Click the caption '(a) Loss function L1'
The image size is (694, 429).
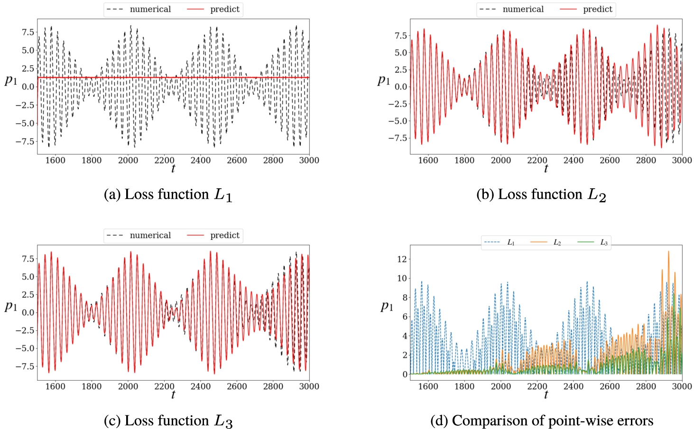(x=168, y=195)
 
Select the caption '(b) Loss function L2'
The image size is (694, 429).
(x=541, y=195)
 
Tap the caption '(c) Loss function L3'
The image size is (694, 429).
(x=168, y=421)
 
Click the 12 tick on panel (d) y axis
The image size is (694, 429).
(x=402, y=259)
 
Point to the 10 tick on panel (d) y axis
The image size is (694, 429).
(x=402, y=278)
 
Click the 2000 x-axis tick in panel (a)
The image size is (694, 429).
(x=128, y=160)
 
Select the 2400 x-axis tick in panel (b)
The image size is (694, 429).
(x=574, y=160)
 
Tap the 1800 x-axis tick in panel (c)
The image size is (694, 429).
(x=92, y=386)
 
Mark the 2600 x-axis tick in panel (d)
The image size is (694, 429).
(x=610, y=386)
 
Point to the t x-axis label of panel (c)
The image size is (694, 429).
(x=173, y=394)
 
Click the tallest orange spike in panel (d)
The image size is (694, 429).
(x=668, y=252)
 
